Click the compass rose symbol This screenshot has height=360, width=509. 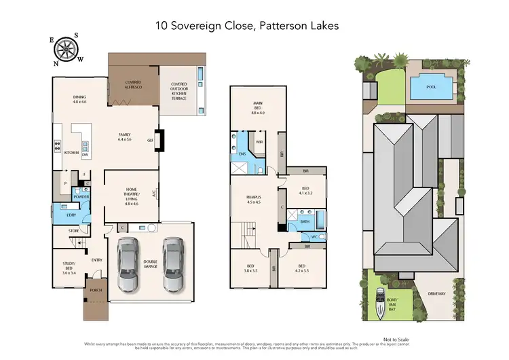pyautogui.click(x=67, y=48)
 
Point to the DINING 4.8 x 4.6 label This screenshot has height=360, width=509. pyautogui.click(x=79, y=100)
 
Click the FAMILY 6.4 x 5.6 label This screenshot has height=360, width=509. pyautogui.click(x=124, y=137)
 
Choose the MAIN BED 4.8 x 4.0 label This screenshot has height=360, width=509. pyautogui.click(x=257, y=109)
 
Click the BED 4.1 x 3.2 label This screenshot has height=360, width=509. pyautogui.click(x=305, y=190)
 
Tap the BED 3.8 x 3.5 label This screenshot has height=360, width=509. pyautogui.click(x=250, y=268)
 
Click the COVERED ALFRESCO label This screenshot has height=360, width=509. pyautogui.click(x=133, y=85)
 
